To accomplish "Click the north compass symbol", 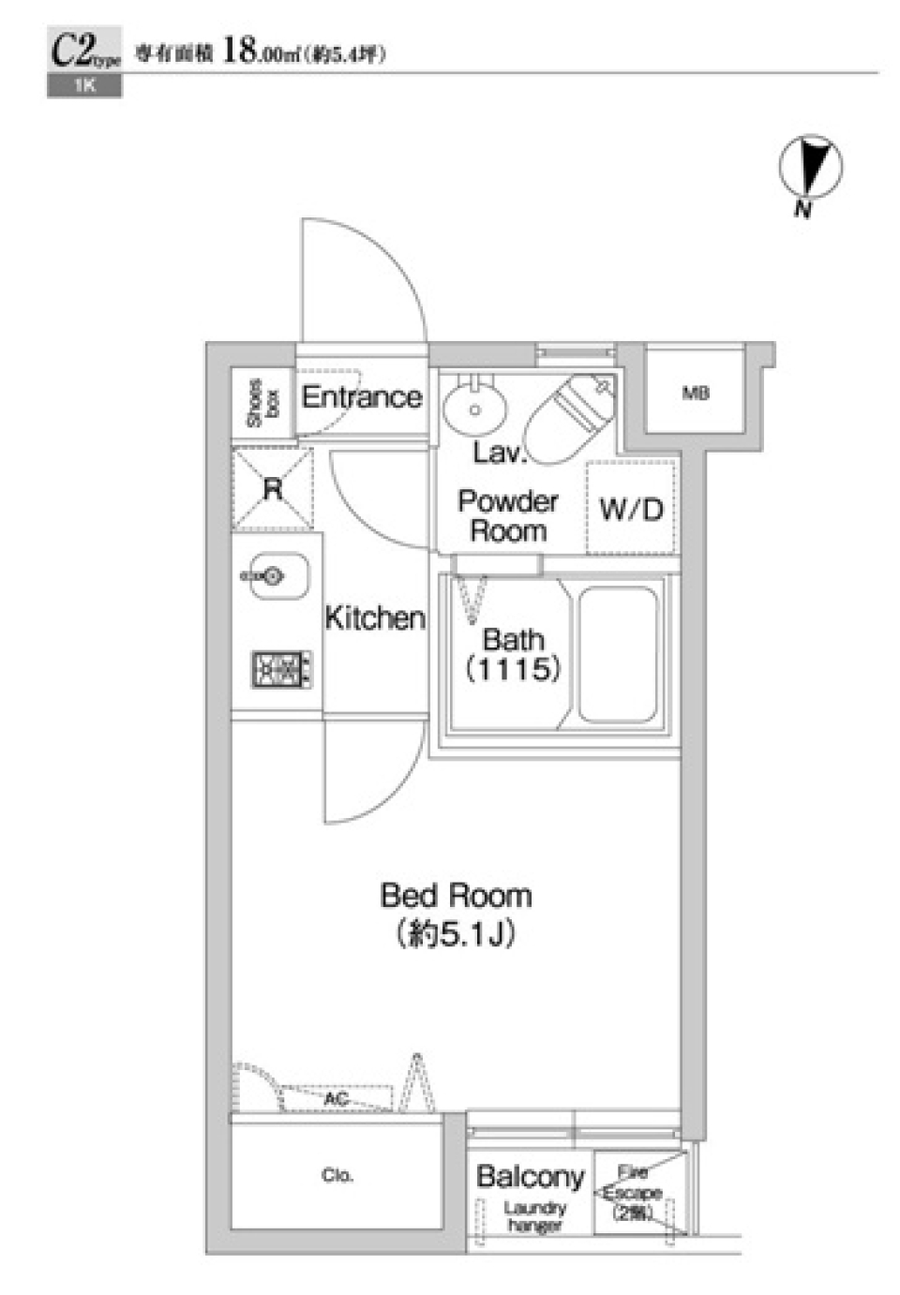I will point(810,168).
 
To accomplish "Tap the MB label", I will point(695,394).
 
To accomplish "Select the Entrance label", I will point(361,397).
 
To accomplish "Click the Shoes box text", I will point(262,403).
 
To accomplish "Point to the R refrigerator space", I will point(272,489).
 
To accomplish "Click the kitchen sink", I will point(275,575).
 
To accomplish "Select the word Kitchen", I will point(374,618).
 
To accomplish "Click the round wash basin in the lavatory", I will point(475,409).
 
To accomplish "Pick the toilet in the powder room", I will point(570,417).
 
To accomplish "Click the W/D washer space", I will point(631,509).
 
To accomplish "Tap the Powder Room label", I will point(507,516).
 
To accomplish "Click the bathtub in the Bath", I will point(618,653).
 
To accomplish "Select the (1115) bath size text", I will point(513,669).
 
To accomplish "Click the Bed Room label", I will point(456,896).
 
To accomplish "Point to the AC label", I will point(337,1098).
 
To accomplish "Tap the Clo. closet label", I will point(337,1175).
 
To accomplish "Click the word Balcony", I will point(530,1176).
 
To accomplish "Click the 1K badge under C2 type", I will point(84,87).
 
